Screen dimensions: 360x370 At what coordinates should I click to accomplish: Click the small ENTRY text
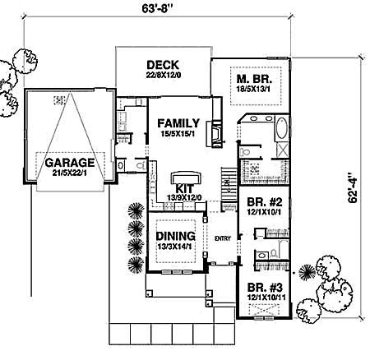(x=221, y=239)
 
